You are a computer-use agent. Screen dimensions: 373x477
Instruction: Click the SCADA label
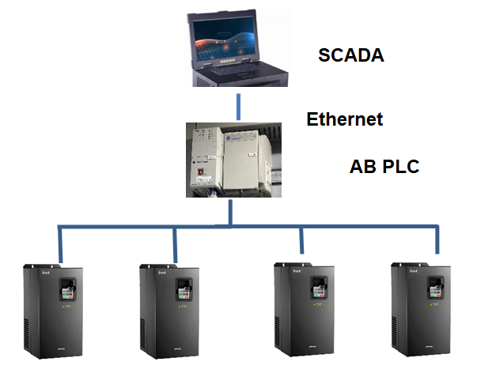[x=350, y=55]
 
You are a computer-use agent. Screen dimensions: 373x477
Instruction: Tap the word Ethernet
[x=345, y=119]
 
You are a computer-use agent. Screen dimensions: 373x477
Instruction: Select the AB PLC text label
[x=384, y=168]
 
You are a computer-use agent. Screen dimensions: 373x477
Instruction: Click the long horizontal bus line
[x=237, y=228]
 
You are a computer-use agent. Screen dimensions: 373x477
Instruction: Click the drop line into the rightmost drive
[x=436, y=240]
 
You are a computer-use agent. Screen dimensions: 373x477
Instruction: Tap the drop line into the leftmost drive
[x=60, y=243]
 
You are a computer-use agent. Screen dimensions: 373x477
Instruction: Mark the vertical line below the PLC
[x=230, y=212]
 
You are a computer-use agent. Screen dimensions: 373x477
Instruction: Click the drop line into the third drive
[x=301, y=240]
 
